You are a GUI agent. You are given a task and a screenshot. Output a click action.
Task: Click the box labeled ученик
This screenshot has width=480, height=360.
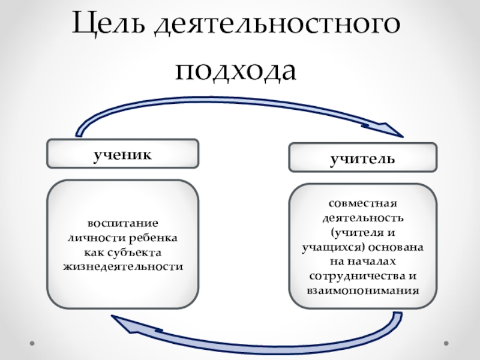point(122,154)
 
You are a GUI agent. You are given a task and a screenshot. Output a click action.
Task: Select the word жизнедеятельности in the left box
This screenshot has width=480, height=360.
point(122,265)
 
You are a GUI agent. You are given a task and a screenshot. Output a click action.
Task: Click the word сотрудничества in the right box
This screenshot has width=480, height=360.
point(354,276)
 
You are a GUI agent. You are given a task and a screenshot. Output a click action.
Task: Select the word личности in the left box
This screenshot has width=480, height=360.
point(92,238)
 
